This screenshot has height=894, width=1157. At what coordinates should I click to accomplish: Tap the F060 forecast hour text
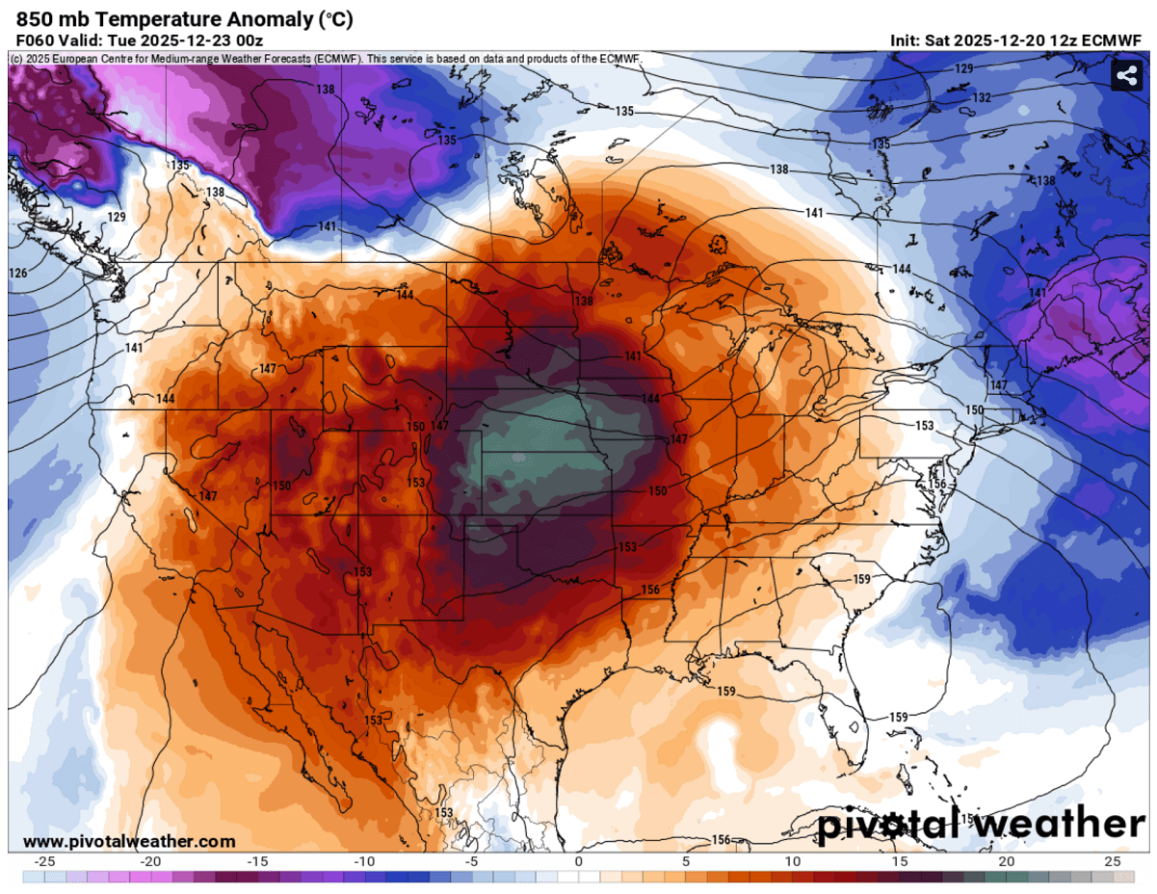pos(34,40)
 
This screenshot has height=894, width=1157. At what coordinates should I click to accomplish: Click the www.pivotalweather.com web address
pos(128,841)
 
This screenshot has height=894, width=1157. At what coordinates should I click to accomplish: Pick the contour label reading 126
pos(18,274)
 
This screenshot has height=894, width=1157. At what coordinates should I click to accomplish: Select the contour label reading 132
pos(981,98)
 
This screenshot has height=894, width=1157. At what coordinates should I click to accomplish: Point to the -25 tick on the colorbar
pos(43,861)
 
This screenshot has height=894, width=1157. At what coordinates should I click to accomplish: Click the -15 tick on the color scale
pos(257,861)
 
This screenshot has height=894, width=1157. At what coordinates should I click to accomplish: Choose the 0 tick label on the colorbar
pos(578,861)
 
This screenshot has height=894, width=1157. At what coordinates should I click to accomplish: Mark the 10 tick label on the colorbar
pos(792,861)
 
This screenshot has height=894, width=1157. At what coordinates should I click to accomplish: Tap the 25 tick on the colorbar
pos(1113,861)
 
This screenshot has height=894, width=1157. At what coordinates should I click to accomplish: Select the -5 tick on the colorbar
pos(471,861)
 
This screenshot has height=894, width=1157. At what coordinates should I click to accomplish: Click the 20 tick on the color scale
pos(1006,861)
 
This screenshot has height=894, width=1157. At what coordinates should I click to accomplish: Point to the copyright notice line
pos(326,59)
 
